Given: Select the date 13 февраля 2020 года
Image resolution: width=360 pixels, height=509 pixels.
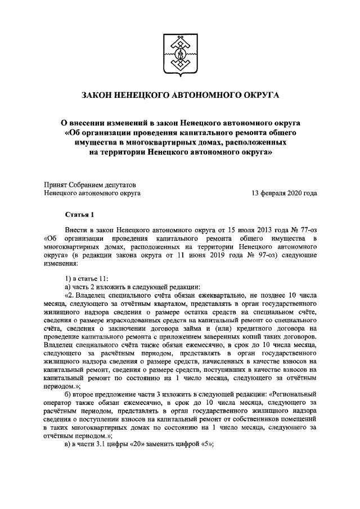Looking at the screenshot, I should (284, 193).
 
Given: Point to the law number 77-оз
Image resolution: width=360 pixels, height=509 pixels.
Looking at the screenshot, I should (303, 230).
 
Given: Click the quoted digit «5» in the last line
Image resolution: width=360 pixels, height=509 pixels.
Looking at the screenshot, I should (205, 443).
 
